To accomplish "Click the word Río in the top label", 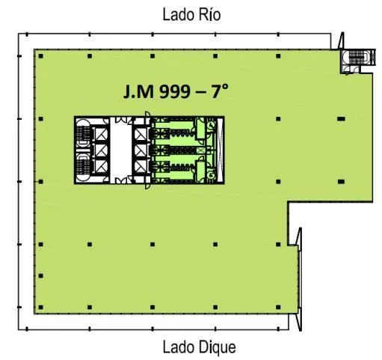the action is click(x=209, y=14).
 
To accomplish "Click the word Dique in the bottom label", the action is click(x=217, y=347).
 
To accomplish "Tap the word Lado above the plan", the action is click(x=179, y=15).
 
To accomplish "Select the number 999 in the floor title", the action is click(x=174, y=91).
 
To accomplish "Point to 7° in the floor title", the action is click(x=220, y=91).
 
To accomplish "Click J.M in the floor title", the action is click(x=138, y=91).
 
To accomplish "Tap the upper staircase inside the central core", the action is click(x=83, y=134).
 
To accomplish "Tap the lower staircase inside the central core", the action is click(x=83, y=167).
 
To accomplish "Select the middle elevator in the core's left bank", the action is click(x=101, y=150).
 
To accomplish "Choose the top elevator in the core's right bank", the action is click(x=141, y=135).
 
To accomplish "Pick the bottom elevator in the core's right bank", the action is click(x=141, y=166).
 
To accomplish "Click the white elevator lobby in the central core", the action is click(x=121, y=150).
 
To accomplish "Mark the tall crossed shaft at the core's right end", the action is click(x=220, y=150).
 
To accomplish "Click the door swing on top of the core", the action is click(x=147, y=114).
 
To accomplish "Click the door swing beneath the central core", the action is click(x=147, y=186).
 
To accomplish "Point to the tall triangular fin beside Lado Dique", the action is click(x=299, y=279).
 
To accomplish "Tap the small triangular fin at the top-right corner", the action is click(x=342, y=40).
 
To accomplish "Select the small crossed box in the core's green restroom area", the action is click(x=200, y=150).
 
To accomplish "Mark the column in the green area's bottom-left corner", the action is click(x=41, y=307).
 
